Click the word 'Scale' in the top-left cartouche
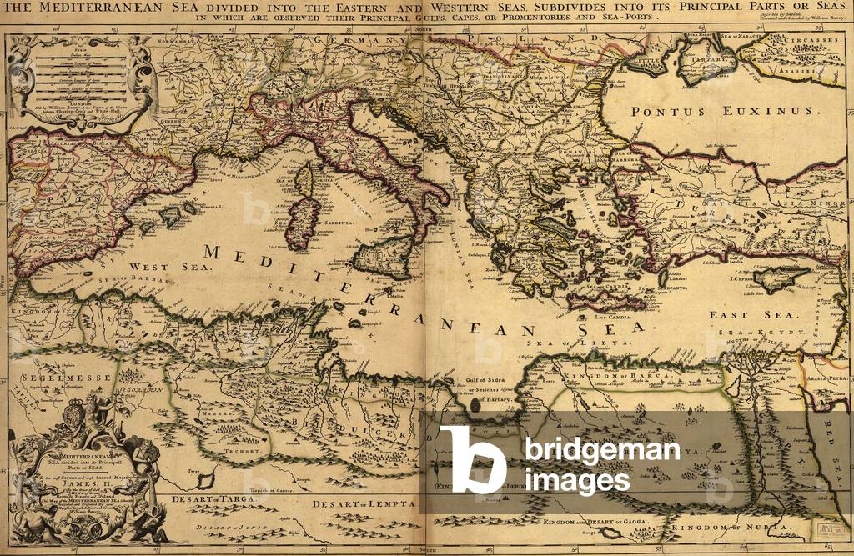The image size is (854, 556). click(x=82, y=48)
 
